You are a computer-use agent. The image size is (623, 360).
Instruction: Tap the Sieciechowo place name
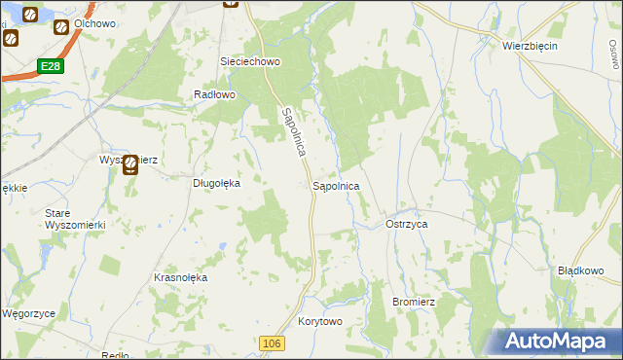tap(250, 61)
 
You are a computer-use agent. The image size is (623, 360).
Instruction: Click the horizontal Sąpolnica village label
tap(336, 185)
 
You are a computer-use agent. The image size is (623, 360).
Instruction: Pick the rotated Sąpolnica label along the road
tap(295, 133)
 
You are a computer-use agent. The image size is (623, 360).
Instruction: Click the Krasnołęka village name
tap(181, 277)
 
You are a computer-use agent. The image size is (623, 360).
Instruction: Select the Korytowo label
tap(321, 321)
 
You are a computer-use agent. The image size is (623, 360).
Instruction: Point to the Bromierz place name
tap(413, 302)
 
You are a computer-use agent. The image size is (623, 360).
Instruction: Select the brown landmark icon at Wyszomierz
tap(129, 166)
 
